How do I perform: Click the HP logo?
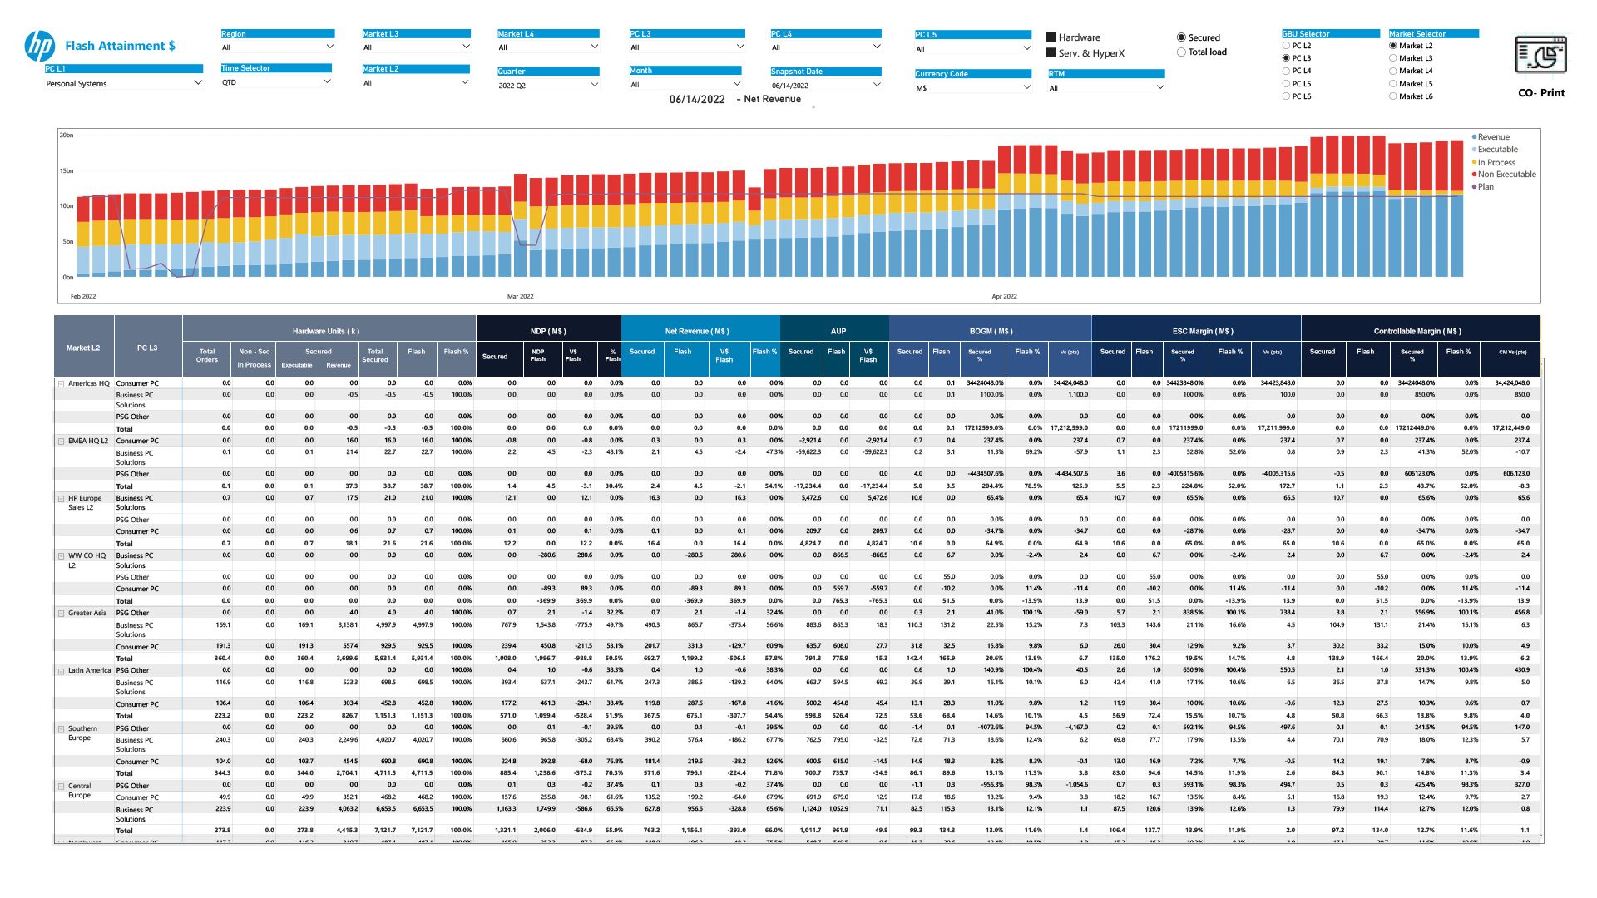click(40, 47)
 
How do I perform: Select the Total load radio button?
click(1181, 52)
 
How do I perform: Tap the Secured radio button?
click(1181, 37)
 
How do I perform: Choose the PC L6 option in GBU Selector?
click(1287, 96)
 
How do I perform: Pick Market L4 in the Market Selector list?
click(1393, 71)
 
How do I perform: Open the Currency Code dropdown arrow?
click(1026, 87)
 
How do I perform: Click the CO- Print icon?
click(1541, 57)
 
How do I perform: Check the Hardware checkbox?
click(1051, 37)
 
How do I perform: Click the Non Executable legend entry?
click(1506, 175)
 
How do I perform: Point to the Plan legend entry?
click(1486, 187)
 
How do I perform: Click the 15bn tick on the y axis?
click(67, 171)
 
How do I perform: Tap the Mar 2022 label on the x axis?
click(521, 296)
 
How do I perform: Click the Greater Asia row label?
click(87, 613)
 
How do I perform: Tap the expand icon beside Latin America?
click(61, 671)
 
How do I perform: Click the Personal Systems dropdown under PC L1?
click(123, 83)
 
